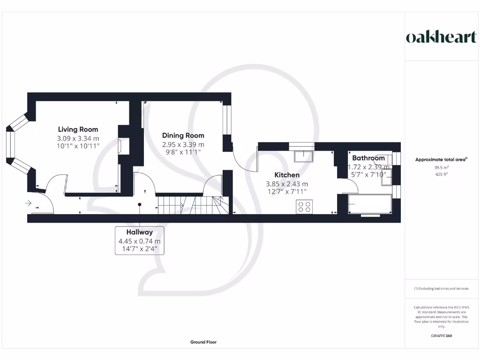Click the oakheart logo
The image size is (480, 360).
pos(441,37)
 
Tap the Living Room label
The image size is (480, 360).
pos(78,129)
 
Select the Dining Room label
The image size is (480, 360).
pos(183,135)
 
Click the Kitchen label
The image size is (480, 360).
pos(286,175)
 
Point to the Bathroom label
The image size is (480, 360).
pos(368,158)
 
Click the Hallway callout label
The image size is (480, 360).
pos(139,232)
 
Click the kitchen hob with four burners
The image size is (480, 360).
pos(305,207)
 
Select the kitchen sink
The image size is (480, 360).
pos(302,155)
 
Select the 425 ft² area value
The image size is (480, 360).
pos(441,175)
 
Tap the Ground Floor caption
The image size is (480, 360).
pos(203,342)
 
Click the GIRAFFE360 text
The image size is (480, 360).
pos(441,336)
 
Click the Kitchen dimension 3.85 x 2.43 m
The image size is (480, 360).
pos(287,184)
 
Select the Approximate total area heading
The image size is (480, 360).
pos(441,159)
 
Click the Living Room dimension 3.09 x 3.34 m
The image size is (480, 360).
pos(78,138)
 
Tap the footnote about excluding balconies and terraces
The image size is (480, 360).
pos(441,289)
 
